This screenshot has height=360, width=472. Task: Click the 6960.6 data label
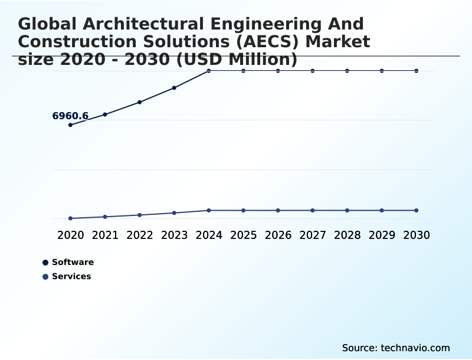70,116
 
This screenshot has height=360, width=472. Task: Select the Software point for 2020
70,125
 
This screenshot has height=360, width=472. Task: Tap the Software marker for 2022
140,102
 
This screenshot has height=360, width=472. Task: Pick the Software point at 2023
174,88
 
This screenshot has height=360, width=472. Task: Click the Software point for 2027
313,71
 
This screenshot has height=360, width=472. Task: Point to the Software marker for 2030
417,71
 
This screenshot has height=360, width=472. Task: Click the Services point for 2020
70,218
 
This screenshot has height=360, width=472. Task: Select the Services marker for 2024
209,210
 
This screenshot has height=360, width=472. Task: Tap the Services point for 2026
278,210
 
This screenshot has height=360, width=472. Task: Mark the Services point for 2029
382,210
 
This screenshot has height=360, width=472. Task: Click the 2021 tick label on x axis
105,235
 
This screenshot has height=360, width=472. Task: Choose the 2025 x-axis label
243,235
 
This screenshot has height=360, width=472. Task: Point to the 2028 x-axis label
347,235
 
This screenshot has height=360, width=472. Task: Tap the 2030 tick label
417,235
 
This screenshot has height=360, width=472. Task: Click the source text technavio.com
415,348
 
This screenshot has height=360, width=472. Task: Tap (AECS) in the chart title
276,42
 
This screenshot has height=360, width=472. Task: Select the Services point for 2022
140,215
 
